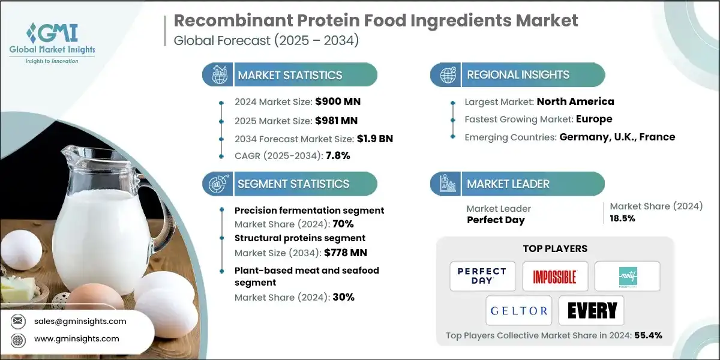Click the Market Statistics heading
tap(290, 75)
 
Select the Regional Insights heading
tap(518, 75)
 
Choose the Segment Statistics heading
tap(293, 184)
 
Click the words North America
tap(575, 101)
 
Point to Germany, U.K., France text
tap(617, 137)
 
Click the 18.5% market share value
tap(623, 218)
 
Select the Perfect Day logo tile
tap(482, 276)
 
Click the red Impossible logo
tap(554, 276)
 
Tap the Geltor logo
tap(518, 311)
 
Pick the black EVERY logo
tap(591, 311)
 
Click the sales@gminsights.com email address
tap(80, 321)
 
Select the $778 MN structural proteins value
tap(340, 253)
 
